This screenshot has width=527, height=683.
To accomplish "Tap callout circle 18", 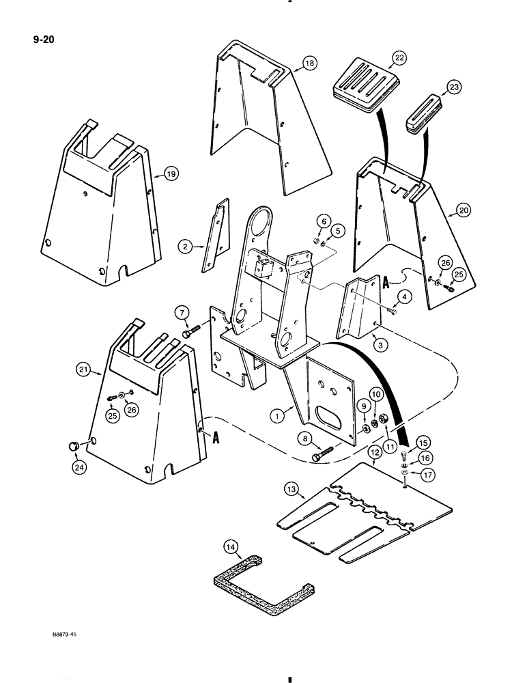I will coord(309,64).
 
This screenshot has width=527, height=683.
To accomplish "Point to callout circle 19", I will coord(170,174).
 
